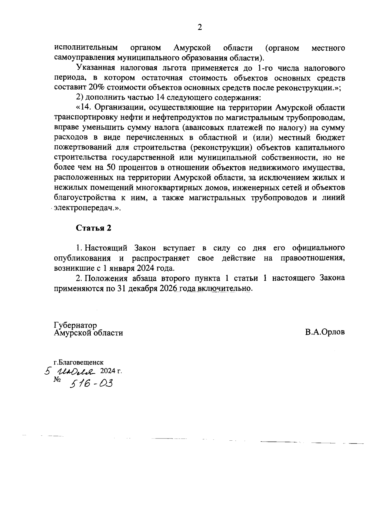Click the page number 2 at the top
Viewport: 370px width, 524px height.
point(199,28)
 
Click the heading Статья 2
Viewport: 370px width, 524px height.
point(93,228)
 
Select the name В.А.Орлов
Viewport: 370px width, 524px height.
point(325,333)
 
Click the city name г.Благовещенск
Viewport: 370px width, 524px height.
point(78,362)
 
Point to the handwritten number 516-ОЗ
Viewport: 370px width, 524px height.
point(92,383)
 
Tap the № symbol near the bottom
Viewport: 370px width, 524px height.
point(57,380)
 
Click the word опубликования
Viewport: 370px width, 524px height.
point(82,258)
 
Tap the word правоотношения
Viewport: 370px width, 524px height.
point(313,258)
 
